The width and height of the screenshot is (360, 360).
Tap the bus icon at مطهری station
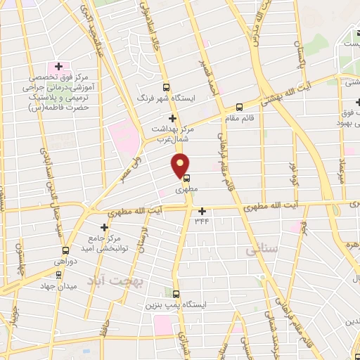point(186,178)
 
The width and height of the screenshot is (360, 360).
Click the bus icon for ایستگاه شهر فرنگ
point(166,88)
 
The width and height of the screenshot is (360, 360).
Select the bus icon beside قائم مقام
point(239,108)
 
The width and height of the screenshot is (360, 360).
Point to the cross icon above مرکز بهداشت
point(172,118)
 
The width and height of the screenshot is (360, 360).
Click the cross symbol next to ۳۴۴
point(202,211)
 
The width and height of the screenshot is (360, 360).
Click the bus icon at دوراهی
point(65,250)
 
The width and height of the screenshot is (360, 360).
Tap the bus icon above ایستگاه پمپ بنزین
point(176,294)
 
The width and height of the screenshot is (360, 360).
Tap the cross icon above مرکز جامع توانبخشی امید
point(105,227)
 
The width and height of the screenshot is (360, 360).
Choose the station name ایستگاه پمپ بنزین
point(172,307)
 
